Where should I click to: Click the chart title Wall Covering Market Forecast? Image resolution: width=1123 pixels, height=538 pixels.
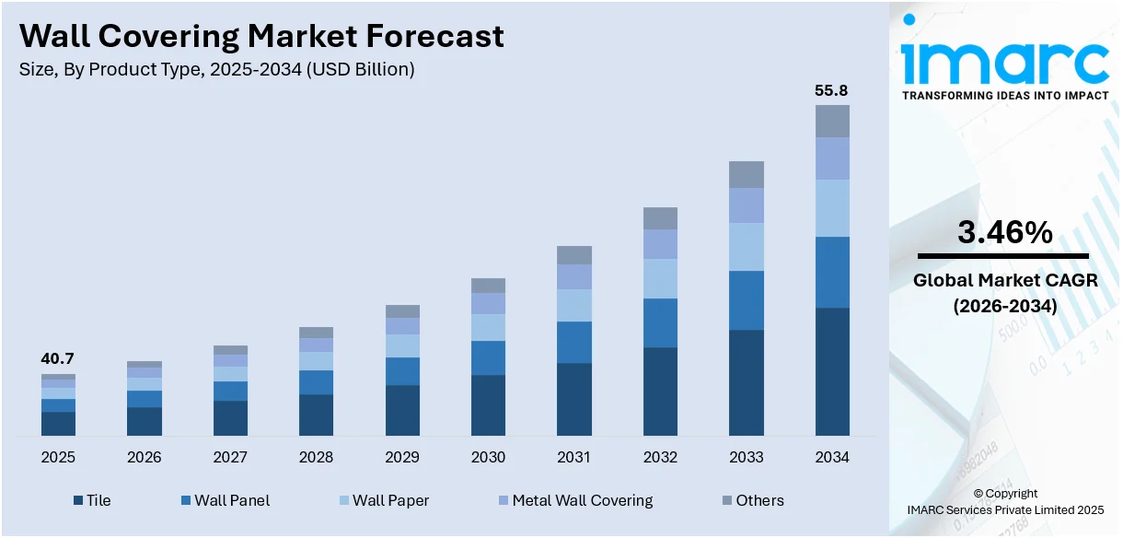(261, 36)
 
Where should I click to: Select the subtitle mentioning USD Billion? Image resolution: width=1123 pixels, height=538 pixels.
(217, 69)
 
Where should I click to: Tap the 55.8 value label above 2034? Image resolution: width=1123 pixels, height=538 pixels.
(831, 91)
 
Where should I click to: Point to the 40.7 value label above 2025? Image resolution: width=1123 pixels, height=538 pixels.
(57, 358)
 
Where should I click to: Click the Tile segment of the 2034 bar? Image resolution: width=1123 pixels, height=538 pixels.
(832, 371)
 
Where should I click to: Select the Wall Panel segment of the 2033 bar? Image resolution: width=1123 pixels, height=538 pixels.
(747, 300)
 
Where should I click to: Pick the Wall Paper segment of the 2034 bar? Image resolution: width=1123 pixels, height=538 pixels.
(832, 208)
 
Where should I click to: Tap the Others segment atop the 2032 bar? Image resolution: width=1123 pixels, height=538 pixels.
(660, 218)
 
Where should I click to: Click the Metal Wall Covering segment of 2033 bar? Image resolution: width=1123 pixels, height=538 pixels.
(747, 205)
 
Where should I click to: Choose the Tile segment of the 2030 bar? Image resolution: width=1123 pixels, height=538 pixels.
(488, 405)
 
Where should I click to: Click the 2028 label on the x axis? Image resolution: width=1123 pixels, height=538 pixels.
(316, 458)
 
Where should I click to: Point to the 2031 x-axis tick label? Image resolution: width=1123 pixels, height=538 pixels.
(574, 458)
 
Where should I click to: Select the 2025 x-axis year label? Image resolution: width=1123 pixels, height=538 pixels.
(58, 458)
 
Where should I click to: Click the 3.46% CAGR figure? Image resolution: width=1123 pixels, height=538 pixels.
(1004, 233)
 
